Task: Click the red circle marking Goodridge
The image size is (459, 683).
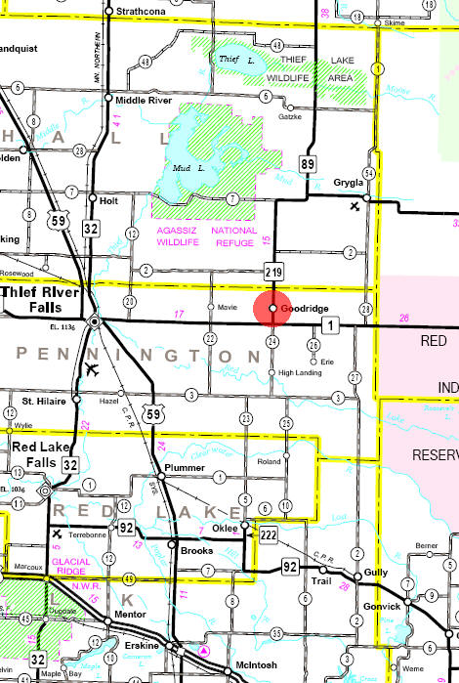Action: click(x=271, y=308)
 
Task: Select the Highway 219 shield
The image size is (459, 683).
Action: click(x=273, y=271)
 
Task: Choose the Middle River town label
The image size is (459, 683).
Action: click(x=145, y=101)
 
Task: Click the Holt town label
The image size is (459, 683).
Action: click(x=108, y=199)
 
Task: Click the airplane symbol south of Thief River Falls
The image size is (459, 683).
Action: click(x=92, y=368)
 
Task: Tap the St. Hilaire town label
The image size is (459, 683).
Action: click(x=42, y=401)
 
